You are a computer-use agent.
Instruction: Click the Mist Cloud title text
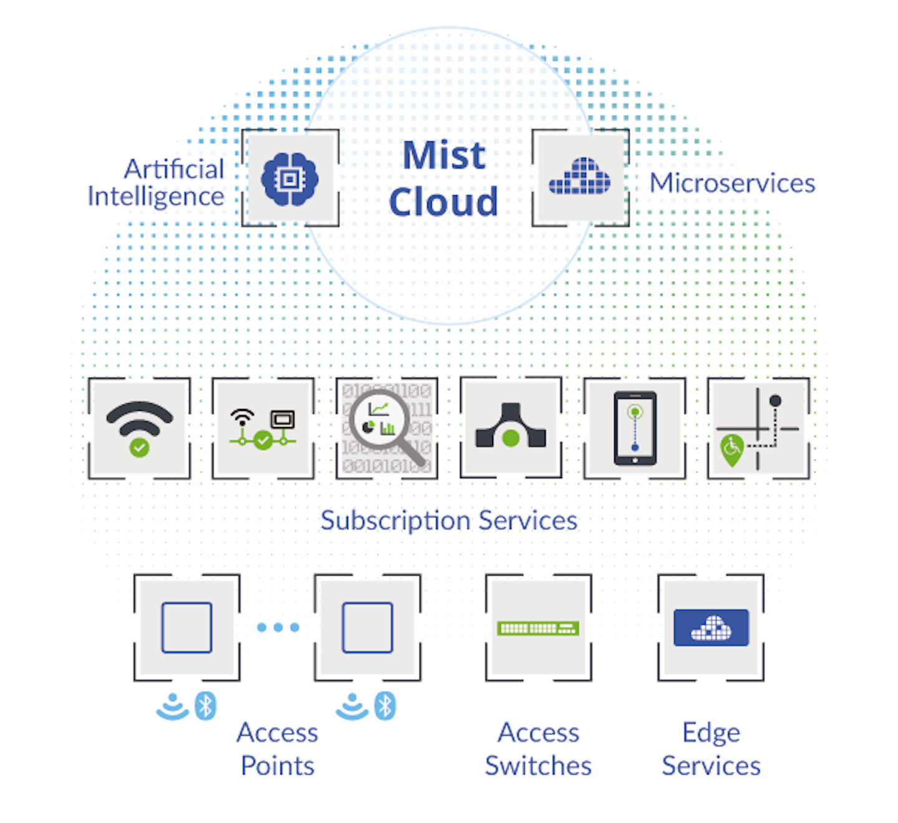(443, 178)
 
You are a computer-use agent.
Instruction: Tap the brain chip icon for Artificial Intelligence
(289, 179)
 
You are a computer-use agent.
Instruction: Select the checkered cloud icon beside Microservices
(579, 176)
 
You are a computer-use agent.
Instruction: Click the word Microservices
(732, 183)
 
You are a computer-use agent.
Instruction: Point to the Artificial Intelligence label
(157, 183)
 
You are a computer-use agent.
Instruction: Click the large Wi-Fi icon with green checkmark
(139, 428)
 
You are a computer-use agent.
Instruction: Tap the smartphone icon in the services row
(635, 428)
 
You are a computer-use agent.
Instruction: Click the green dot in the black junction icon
(511, 438)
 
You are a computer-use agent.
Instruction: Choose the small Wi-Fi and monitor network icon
(263, 428)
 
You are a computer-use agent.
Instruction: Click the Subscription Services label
(448, 521)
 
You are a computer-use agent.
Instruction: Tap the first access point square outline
(186, 627)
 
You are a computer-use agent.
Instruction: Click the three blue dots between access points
(278, 627)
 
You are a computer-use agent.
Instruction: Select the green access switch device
(538, 628)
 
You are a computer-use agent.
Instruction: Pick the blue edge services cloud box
(711, 627)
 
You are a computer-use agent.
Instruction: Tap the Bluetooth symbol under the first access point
(205, 706)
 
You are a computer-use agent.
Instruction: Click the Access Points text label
(278, 749)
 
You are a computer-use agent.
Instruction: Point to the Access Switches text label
(538, 749)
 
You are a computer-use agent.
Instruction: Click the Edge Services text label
(711, 749)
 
